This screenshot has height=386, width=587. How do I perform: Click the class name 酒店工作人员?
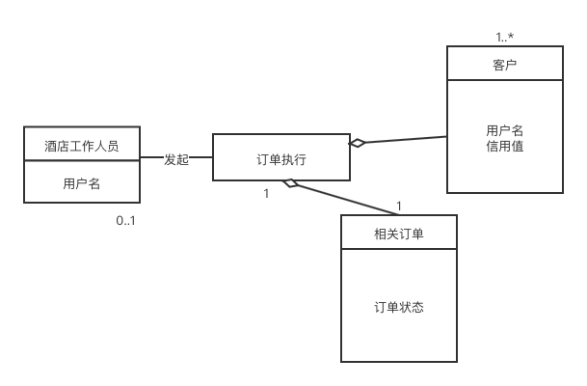82,146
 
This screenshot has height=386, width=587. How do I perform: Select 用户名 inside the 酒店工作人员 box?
82,182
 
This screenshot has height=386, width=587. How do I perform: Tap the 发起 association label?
176,159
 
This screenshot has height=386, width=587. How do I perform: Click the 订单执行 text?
281,157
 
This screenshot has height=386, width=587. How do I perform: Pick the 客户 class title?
504,65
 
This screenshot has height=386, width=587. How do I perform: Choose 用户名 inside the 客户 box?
504,130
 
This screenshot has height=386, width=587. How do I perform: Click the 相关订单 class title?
398,233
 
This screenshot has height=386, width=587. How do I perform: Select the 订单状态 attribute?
398,307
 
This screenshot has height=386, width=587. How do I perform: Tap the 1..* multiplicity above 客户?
505,37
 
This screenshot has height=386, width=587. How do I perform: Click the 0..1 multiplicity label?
126,220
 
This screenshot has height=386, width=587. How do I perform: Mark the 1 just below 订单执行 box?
266,193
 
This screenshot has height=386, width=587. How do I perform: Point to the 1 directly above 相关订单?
399,205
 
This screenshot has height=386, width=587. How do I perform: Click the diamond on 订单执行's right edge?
358,144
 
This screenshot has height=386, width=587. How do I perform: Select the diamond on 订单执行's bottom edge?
290,183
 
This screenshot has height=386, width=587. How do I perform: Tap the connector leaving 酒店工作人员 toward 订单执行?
151,157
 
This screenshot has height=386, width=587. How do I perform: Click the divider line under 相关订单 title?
398,249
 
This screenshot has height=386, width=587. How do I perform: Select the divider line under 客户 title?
504,81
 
